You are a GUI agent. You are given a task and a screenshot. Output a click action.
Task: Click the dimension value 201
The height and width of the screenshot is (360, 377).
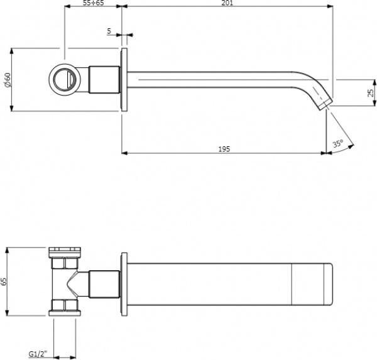click(227, 4)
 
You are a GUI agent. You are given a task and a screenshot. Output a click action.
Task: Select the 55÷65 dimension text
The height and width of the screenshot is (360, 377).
click(93, 4)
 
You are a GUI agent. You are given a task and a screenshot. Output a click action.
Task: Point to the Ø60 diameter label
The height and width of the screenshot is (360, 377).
click(7, 80)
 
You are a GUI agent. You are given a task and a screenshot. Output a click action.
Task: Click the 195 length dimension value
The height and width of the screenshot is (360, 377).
click(224, 149)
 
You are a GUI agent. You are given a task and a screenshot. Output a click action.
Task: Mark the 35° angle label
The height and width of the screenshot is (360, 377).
click(337, 143)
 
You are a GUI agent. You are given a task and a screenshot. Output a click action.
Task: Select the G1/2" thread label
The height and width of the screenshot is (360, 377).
click(37, 354)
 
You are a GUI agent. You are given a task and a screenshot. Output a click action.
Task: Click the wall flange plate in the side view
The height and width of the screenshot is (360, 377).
click(124, 80)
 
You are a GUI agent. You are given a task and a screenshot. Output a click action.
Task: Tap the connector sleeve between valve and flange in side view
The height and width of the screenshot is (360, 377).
click(104, 80)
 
